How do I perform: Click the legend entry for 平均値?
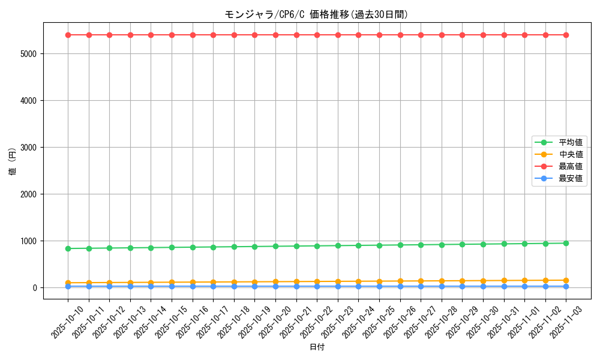tap(571, 142)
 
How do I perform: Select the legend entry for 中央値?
tap(571, 154)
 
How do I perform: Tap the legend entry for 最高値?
tap(571, 166)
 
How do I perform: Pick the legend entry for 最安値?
tap(571, 178)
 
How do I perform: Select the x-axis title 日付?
tap(316, 347)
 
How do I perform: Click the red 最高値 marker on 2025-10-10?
tap(68, 35)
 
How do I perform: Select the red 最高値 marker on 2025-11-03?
tap(566, 35)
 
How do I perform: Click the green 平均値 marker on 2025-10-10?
tap(68, 248)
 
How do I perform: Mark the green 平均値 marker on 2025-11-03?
tap(566, 243)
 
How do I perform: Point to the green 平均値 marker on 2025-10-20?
tap(275, 246)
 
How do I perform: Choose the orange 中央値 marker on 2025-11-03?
tap(566, 280)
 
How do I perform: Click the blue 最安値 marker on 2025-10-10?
tap(68, 286)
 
